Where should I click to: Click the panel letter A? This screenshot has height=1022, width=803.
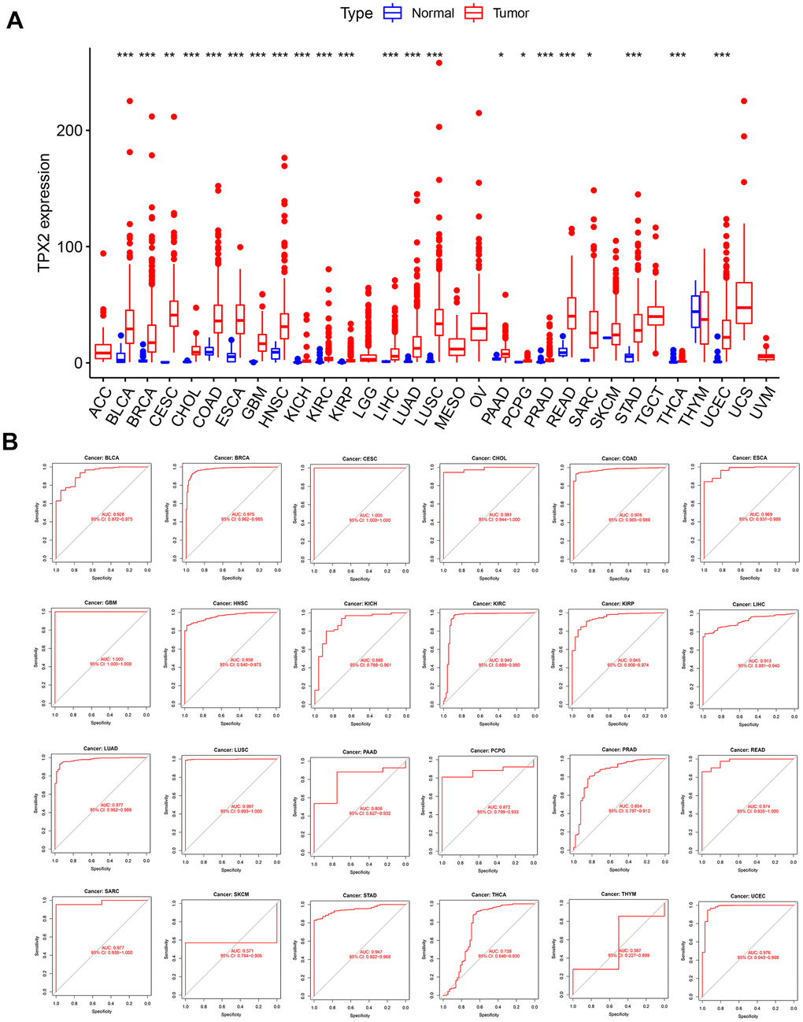click(14, 20)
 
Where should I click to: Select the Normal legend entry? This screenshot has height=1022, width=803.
click(418, 13)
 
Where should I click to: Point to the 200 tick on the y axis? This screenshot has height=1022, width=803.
click(69, 130)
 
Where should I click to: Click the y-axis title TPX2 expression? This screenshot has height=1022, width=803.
click(44, 213)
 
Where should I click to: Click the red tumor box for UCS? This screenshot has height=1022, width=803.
click(744, 303)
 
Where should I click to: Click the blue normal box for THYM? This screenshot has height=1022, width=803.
click(695, 312)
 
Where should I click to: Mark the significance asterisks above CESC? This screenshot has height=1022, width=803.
click(169, 56)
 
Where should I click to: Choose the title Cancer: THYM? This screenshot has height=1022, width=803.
click(619, 894)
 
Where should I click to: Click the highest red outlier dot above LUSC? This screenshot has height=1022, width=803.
click(439, 62)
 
